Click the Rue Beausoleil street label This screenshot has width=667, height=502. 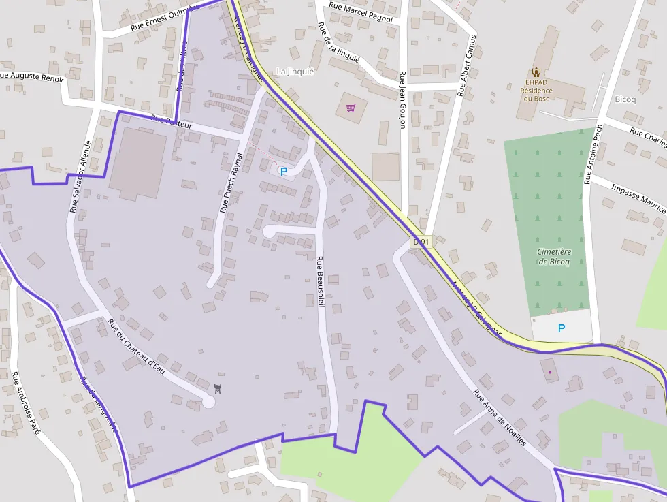coord(319,281)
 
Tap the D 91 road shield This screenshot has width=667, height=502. coord(422,242)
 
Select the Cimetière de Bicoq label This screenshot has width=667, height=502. coord(554,256)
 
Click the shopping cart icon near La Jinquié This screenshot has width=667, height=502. coord(351,108)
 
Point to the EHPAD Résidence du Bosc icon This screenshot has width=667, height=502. coord(536,72)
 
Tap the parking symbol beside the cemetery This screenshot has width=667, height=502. coord(562,328)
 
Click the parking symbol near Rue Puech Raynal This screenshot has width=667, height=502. coord(283,172)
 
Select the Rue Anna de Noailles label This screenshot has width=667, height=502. coord(500,418)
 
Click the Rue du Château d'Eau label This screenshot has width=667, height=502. coord(137,347)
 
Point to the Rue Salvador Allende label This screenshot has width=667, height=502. coord(80,176)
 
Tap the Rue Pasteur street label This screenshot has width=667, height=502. coord(172,123)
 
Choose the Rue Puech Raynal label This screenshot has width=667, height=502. coord(231,181)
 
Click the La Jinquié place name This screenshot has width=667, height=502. coord(295,72)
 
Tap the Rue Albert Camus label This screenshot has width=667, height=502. coord(469,65)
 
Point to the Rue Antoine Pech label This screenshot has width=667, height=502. coord(593,154)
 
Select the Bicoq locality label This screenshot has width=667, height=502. coord(625,99)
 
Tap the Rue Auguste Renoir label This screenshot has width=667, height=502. coord(32,76)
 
